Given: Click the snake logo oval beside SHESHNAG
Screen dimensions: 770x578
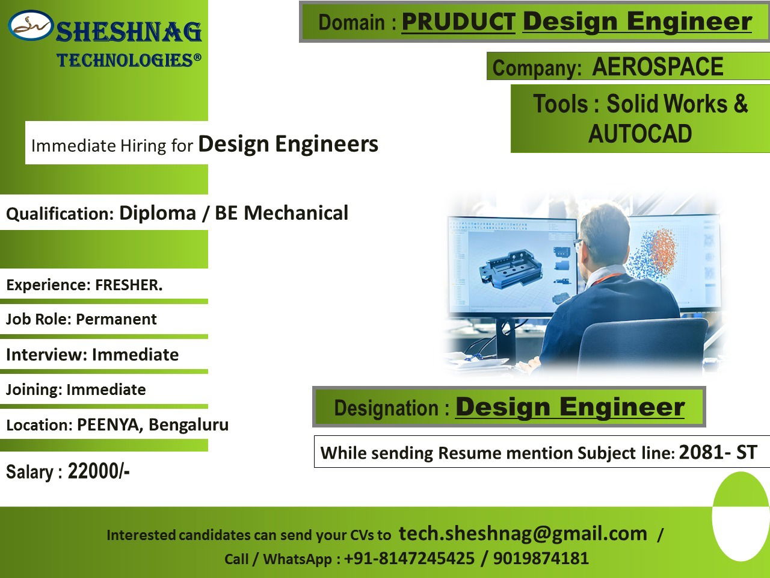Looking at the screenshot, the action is pyautogui.click(x=31, y=25).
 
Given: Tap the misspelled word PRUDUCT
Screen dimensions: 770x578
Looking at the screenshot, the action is pyautogui.click(x=458, y=22).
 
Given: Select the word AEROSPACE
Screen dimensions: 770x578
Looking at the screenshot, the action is pyautogui.click(x=658, y=66).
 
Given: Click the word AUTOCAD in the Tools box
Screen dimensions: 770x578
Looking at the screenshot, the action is pyautogui.click(x=640, y=134).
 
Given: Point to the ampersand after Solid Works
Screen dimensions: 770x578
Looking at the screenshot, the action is pyautogui.click(x=740, y=104).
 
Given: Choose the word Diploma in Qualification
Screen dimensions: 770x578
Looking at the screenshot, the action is pyautogui.click(x=158, y=213).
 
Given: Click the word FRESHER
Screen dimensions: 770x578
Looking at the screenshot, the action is pyautogui.click(x=129, y=285).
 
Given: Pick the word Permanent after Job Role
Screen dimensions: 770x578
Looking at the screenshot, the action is pyautogui.click(x=116, y=319).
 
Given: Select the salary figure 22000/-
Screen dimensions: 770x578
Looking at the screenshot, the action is pyautogui.click(x=99, y=471).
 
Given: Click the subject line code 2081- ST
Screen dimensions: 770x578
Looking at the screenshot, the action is pyautogui.click(x=718, y=452).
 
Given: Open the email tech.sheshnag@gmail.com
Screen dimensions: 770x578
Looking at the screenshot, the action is pyautogui.click(x=523, y=533).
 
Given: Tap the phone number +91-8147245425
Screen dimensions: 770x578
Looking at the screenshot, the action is pyautogui.click(x=409, y=558).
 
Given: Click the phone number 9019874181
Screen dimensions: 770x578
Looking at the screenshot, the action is pyautogui.click(x=541, y=558).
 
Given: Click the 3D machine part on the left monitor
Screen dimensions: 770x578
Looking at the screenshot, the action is pyautogui.click(x=510, y=269).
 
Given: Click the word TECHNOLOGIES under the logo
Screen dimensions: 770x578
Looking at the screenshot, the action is pyautogui.click(x=125, y=60).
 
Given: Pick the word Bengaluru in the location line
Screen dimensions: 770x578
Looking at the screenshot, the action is pyautogui.click(x=188, y=424).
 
